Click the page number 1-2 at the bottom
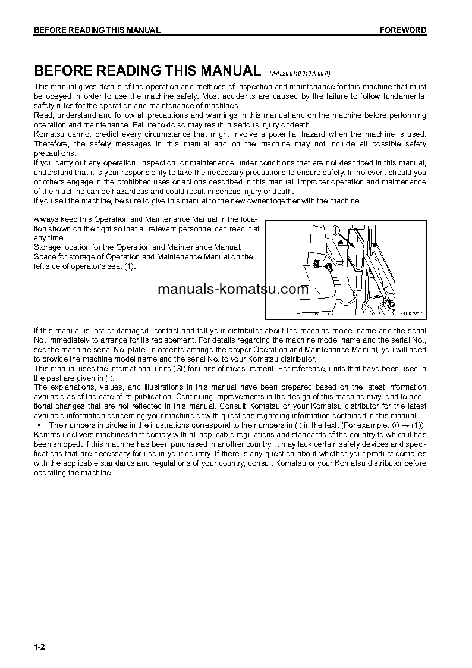[x=39, y=647]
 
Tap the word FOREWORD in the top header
[x=403, y=30]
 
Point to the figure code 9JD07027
[x=411, y=313]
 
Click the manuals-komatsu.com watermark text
[x=233, y=290]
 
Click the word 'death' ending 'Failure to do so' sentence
[x=300, y=125]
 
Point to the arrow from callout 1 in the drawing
[x=342, y=240]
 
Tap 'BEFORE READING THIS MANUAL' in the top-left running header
[x=97, y=30]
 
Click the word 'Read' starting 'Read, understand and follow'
[x=42, y=115]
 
